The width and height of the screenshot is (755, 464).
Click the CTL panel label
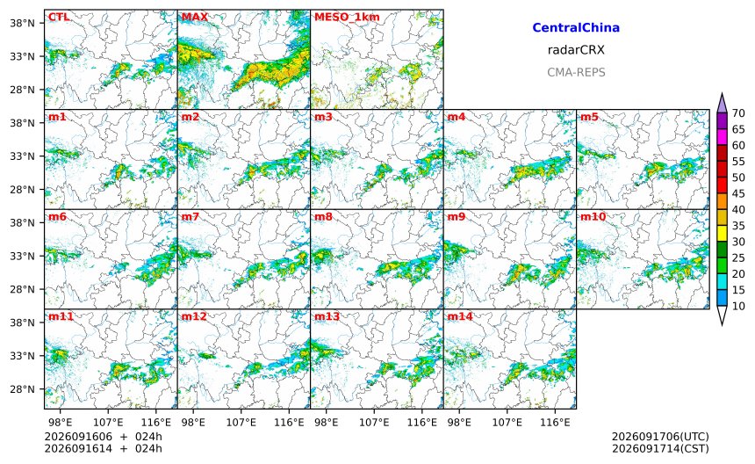pyautogui.click(x=58, y=18)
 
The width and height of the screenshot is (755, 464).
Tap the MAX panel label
pyautogui.click(x=195, y=18)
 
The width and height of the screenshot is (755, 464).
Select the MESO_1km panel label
pyautogui.click(x=347, y=18)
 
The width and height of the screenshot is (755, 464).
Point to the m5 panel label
pyautogui.click(x=589, y=117)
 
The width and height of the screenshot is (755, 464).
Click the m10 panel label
pyautogui.click(x=593, y=217)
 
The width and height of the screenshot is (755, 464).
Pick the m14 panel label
pyautogui.click(x=460, y=316)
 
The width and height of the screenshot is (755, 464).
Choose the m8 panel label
pyautogui.click(x=323, y=217)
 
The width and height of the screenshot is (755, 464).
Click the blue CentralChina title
pyautogui.click(x=576, y=28)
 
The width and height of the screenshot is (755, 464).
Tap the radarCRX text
pyautogui.click(x=576, y=50)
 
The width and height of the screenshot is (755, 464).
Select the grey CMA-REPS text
pyautogui.click(x=576, y=72)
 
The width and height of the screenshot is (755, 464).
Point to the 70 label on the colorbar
pyautogui.click(x=738, y=113)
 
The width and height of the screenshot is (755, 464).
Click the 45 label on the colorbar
pyautogui.click(x=738, y=193)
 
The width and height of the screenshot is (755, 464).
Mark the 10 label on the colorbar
pyautogui.click(x=738, y=306)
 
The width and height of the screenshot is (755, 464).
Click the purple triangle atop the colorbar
pyautogui.click(x=722, y=104)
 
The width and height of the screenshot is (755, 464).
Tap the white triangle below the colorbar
pyautogui.click(x=722, y=315)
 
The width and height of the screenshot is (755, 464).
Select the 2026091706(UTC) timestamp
pyautogui.click(x=660, y=437)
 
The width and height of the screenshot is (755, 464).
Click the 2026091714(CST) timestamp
pyautogui.click(x=660, y=448)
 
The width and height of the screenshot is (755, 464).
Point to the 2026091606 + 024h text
pyautogui.click(x=103, y=437)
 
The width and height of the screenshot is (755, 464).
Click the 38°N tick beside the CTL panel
pyautogui.click(x=22, y=23)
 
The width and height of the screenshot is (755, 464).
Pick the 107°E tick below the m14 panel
pyautogui.click(x=507, y=423)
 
